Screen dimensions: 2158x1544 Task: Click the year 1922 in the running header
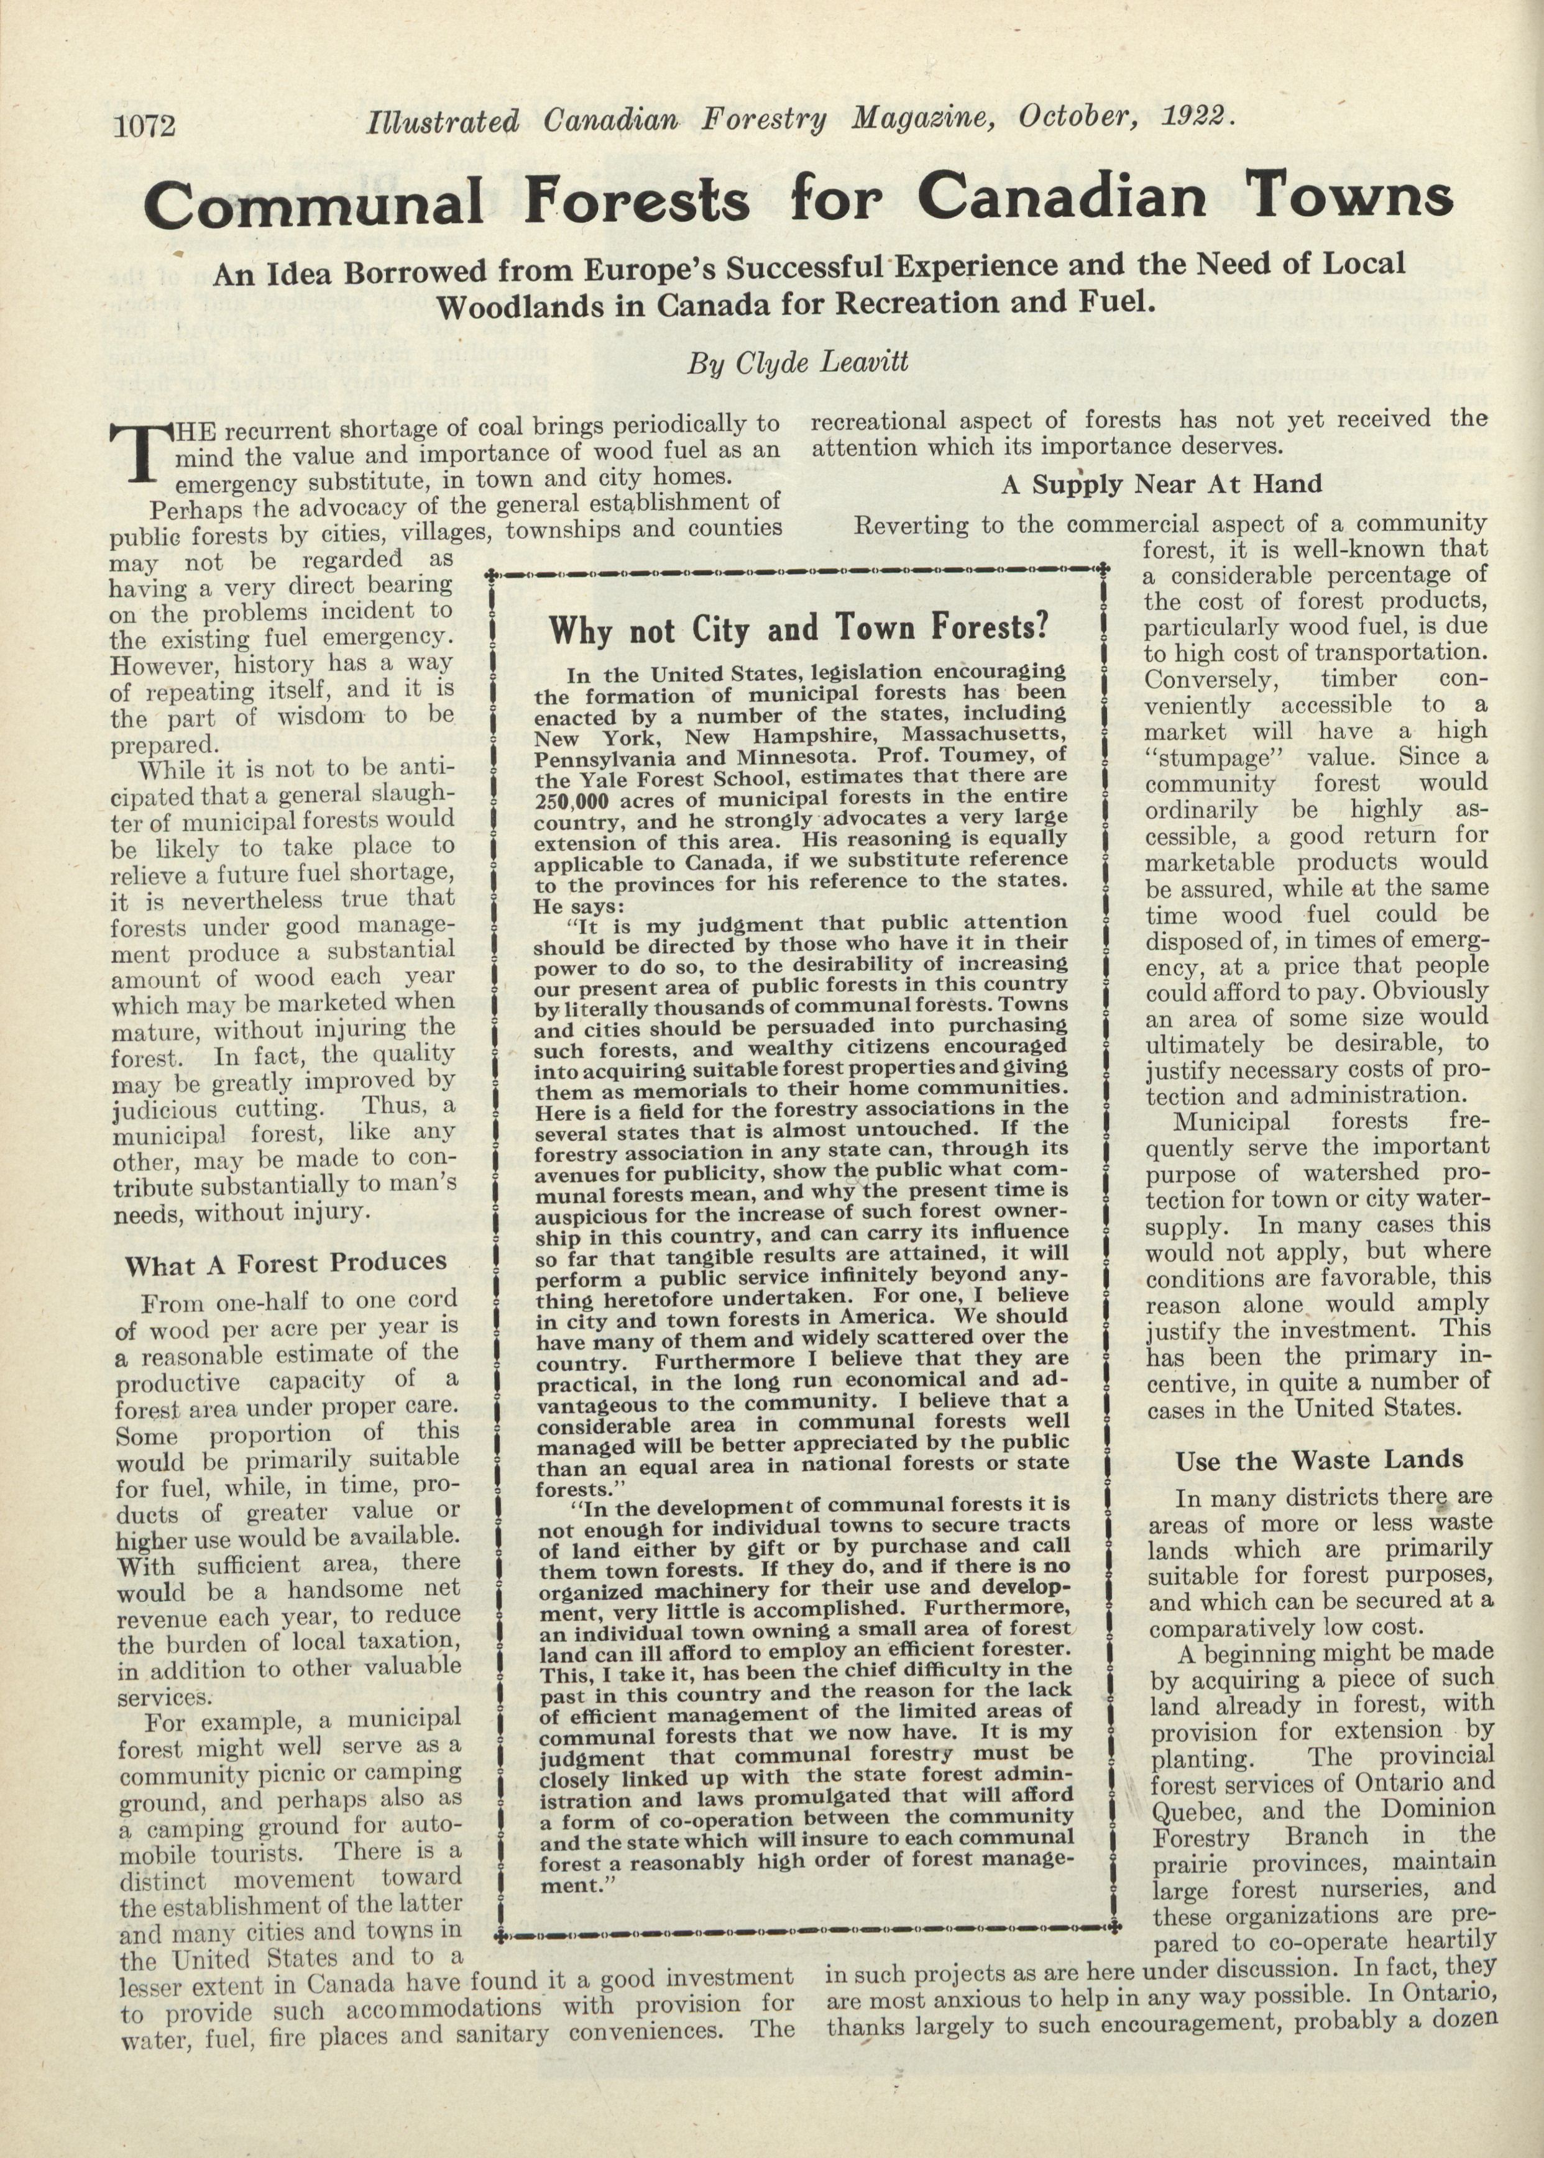1196,118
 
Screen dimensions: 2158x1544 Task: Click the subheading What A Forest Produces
285,1264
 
